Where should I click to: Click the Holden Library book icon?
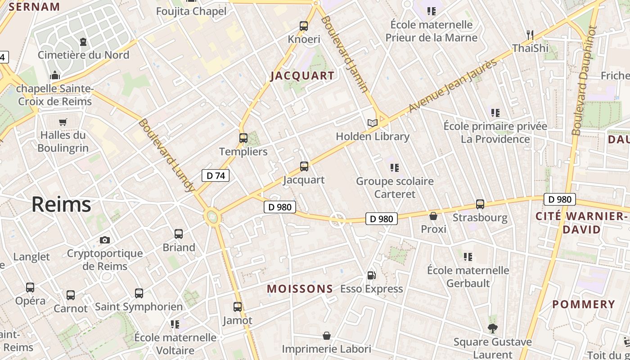372,123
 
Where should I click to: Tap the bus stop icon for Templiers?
243,138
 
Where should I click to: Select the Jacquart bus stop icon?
304,166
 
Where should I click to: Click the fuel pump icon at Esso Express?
371,275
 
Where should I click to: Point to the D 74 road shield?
216,175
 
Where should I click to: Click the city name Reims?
61,205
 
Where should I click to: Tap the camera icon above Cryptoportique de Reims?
105,240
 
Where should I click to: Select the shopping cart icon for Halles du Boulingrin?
63,122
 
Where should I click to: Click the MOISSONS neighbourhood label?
300,289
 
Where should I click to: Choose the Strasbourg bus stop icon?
480,204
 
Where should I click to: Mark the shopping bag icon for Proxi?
433,216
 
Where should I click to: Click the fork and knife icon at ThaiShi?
530,34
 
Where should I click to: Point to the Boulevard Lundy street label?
166,155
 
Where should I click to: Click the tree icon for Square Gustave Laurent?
493,328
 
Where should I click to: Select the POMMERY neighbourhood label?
583,305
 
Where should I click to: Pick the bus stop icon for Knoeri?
304,26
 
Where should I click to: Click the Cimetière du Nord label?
83,55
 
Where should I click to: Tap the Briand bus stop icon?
179,234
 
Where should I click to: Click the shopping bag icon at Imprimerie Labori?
327,336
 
